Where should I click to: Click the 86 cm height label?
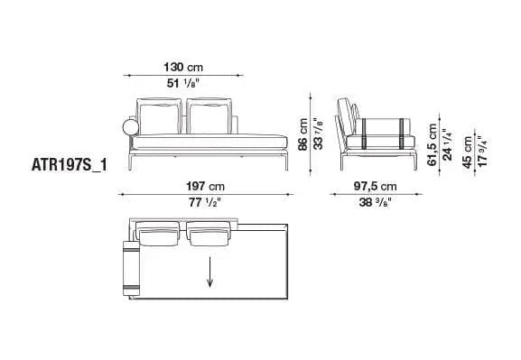304,134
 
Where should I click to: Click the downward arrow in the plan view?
210,271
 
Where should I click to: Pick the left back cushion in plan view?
160,235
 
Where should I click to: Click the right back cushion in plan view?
209,235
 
